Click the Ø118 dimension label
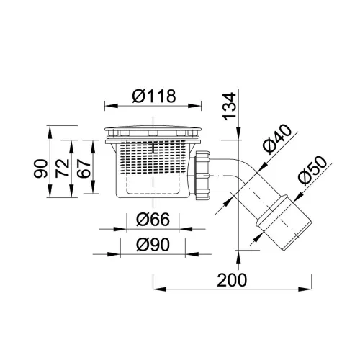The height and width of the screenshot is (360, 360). pyautogui.click(x=154, y=96)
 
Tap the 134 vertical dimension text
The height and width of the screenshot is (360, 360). pyautogui.click(x=229, y=107)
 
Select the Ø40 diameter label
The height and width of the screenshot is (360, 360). pyautogui.click(x=276, y=139)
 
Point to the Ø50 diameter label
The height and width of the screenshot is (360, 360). pyautogui.click(x=312, y=171)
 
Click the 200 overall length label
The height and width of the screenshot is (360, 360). pyautogui.click(x=232, y=280)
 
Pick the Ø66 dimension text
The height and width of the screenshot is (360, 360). pyautogui.click(x=153, y=220)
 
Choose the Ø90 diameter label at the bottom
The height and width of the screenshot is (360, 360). pyautogui.click(x=153, y=245)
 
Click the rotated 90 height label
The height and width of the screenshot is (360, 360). pyautogui.click(x=40, y=168)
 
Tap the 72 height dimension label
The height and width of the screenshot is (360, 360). pyautogui.click(x=62, y=168)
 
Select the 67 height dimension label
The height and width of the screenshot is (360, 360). pyautogui.click(x=84, y=168)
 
